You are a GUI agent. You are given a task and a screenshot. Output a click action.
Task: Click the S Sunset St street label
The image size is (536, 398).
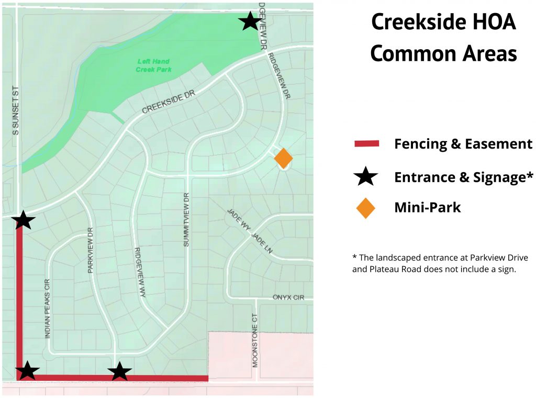point(16,110)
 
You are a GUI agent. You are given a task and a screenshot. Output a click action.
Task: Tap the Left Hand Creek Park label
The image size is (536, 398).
point(153,65)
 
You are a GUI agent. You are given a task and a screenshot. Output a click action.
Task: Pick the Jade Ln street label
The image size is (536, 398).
point(263,243)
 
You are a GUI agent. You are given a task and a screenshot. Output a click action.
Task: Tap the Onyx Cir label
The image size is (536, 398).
point(288,297)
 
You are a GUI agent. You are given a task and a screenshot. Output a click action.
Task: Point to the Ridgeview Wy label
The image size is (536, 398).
point(140,272)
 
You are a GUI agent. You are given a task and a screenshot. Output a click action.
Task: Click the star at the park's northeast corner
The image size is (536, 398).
point(250,21)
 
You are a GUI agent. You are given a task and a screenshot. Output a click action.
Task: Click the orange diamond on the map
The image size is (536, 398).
point(283,158)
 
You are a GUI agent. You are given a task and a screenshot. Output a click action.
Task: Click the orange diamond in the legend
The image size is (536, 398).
point(365,208)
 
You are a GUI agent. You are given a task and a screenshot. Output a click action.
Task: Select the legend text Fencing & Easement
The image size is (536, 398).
point(463,144)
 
